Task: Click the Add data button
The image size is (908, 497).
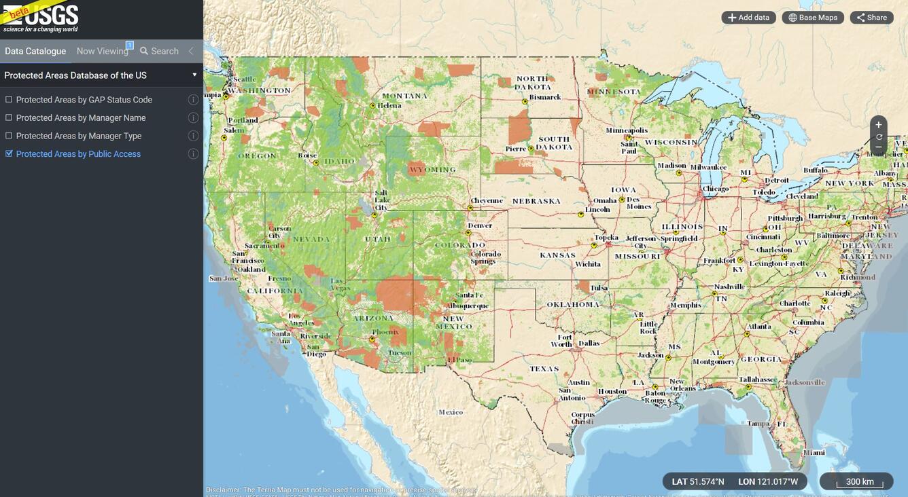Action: pyautogui.click(x=748, y=18)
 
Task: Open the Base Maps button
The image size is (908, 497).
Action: pyautogui.click(x=812, y=18)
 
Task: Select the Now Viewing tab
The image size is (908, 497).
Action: pyautogui.click(x=102, y=51)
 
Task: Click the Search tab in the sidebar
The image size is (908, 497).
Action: pyautogui.click(x=159, y=51)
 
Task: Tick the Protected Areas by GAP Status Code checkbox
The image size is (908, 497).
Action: pyautogui.click(x=9, y=100)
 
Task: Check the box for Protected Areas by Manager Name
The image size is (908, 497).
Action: pyautogui.click(x=9, y=118)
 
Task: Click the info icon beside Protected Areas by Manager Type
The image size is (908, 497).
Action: pyautogui.click(x=193, y=136)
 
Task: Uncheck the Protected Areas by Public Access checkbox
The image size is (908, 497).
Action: pyautogui.click(x=9, y=154)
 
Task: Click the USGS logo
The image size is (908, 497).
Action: pyautogui.click(x=41, y=18)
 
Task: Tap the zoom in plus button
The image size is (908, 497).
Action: pyautogui.click(x=878, y=125)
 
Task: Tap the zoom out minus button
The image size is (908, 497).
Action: pyautogui.click(x=878, y=147)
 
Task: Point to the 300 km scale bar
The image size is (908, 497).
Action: pyautogui.click(x=859, y=482)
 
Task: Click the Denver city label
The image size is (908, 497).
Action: pyautogui.click(x=480, y=225)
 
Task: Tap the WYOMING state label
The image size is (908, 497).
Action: pyautogui.click(x=433, y=169)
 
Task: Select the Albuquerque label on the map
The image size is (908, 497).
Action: pyautogui.click(x=467, y=306)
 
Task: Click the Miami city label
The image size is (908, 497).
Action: pyautogui.click(x=814, y=453)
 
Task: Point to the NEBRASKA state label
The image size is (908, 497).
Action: pyautogui.click(x=536, y=201)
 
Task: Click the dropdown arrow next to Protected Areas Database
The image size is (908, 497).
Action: pyautogui.click(x=194, y=75)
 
